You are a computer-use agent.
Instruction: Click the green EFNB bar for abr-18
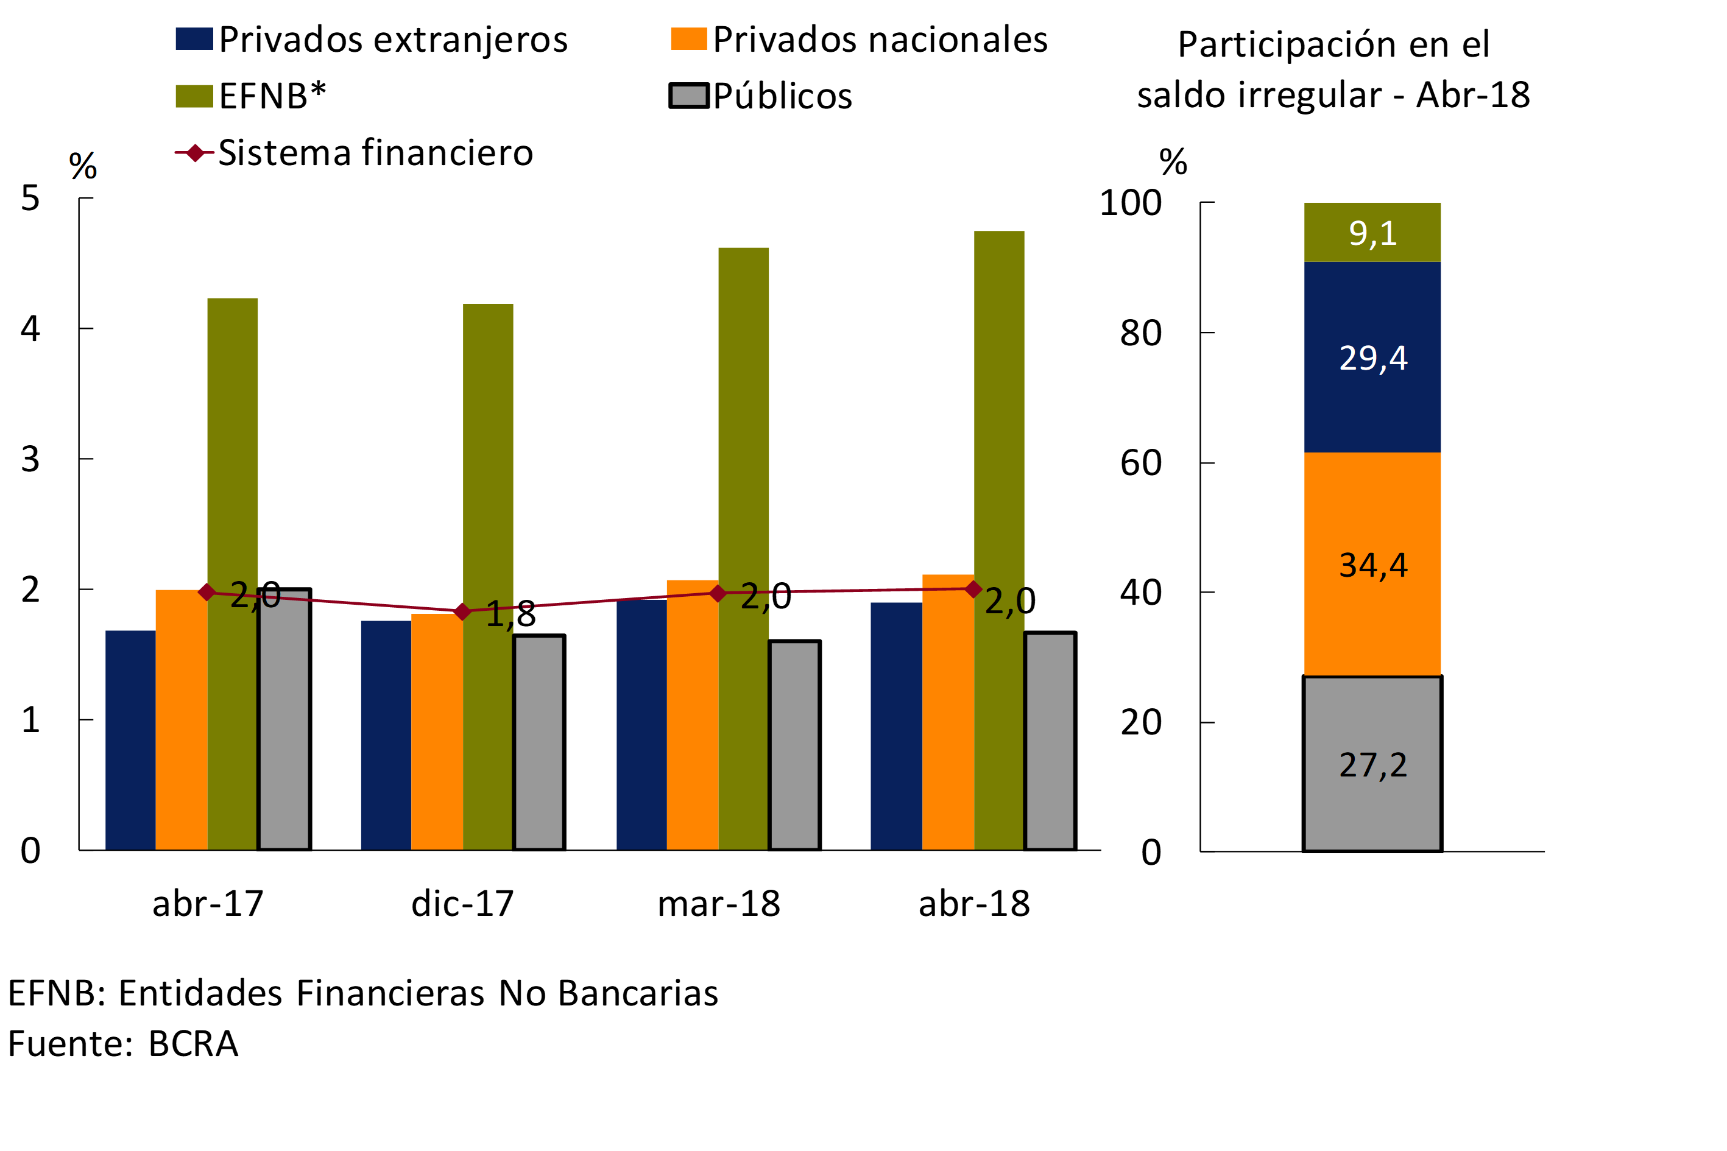tap(998, 440)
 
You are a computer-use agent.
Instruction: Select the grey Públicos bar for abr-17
tap(284, 719)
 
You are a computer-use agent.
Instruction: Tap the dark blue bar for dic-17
tap(386, 734)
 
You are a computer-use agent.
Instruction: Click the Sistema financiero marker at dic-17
tap(462, 611)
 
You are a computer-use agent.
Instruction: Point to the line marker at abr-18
tap(973, 589)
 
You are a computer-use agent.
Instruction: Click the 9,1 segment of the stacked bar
tap(1372, 233)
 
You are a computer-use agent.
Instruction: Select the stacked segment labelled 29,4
tap(1372, 357)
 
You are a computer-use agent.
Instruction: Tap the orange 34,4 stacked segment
tap(1372, 564)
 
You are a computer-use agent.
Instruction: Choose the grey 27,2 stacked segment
tap(1372, 764)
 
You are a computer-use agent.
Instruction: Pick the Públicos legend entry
tap(782, 96)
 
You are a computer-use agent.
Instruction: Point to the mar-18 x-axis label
tap(718, 904)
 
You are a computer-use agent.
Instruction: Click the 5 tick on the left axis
tap(30, 198)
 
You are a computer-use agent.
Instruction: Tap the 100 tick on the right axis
tap(1130, 203)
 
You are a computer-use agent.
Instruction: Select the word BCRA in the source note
tap(193, 1044)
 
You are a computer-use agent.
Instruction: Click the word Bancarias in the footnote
tap(637, 993)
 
